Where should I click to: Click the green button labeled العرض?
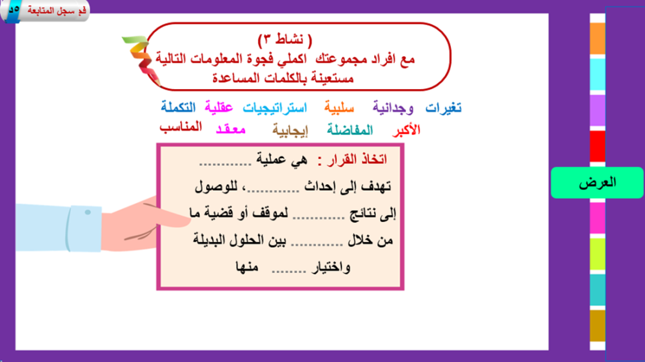pyautogui.click(x=597, y=183)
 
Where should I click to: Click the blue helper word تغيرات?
pyautogui.click(x=443, y=108)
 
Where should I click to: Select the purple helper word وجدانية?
pyautogui.click(x=393, y=108)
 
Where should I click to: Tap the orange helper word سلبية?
pyautogui.click(x=339, y=108)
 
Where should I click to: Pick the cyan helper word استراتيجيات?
pyautogui.click(x=275, y=108)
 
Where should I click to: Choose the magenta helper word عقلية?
pyautogui.click(x=219, y=108)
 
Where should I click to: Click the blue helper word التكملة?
pyautogui.click(x=178, y=107)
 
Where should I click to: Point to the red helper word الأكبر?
pyautogui.click(x=406, y=130)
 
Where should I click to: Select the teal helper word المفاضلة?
pyautogui.click(x=350, y=130)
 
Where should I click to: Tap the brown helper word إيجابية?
pyautogui.click(x=290, y=131)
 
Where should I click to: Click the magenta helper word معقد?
pyautogui.click(x=230, y=130)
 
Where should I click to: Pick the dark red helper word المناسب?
pyautogui.click(x=181, y=126)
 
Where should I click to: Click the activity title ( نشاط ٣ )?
pyautogui.click(x=285, y=39)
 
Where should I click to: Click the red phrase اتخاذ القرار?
pyautogui.click(x=357, y=159)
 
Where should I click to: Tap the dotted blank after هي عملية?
pyautogui.click(x=225, y=164)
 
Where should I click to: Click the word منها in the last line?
pyautogui.click(x=247, y=267)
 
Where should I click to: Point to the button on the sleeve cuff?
pyautogui.click(x=88, y=212)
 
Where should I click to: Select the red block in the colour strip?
pyautogui.click(x=597, y=146)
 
